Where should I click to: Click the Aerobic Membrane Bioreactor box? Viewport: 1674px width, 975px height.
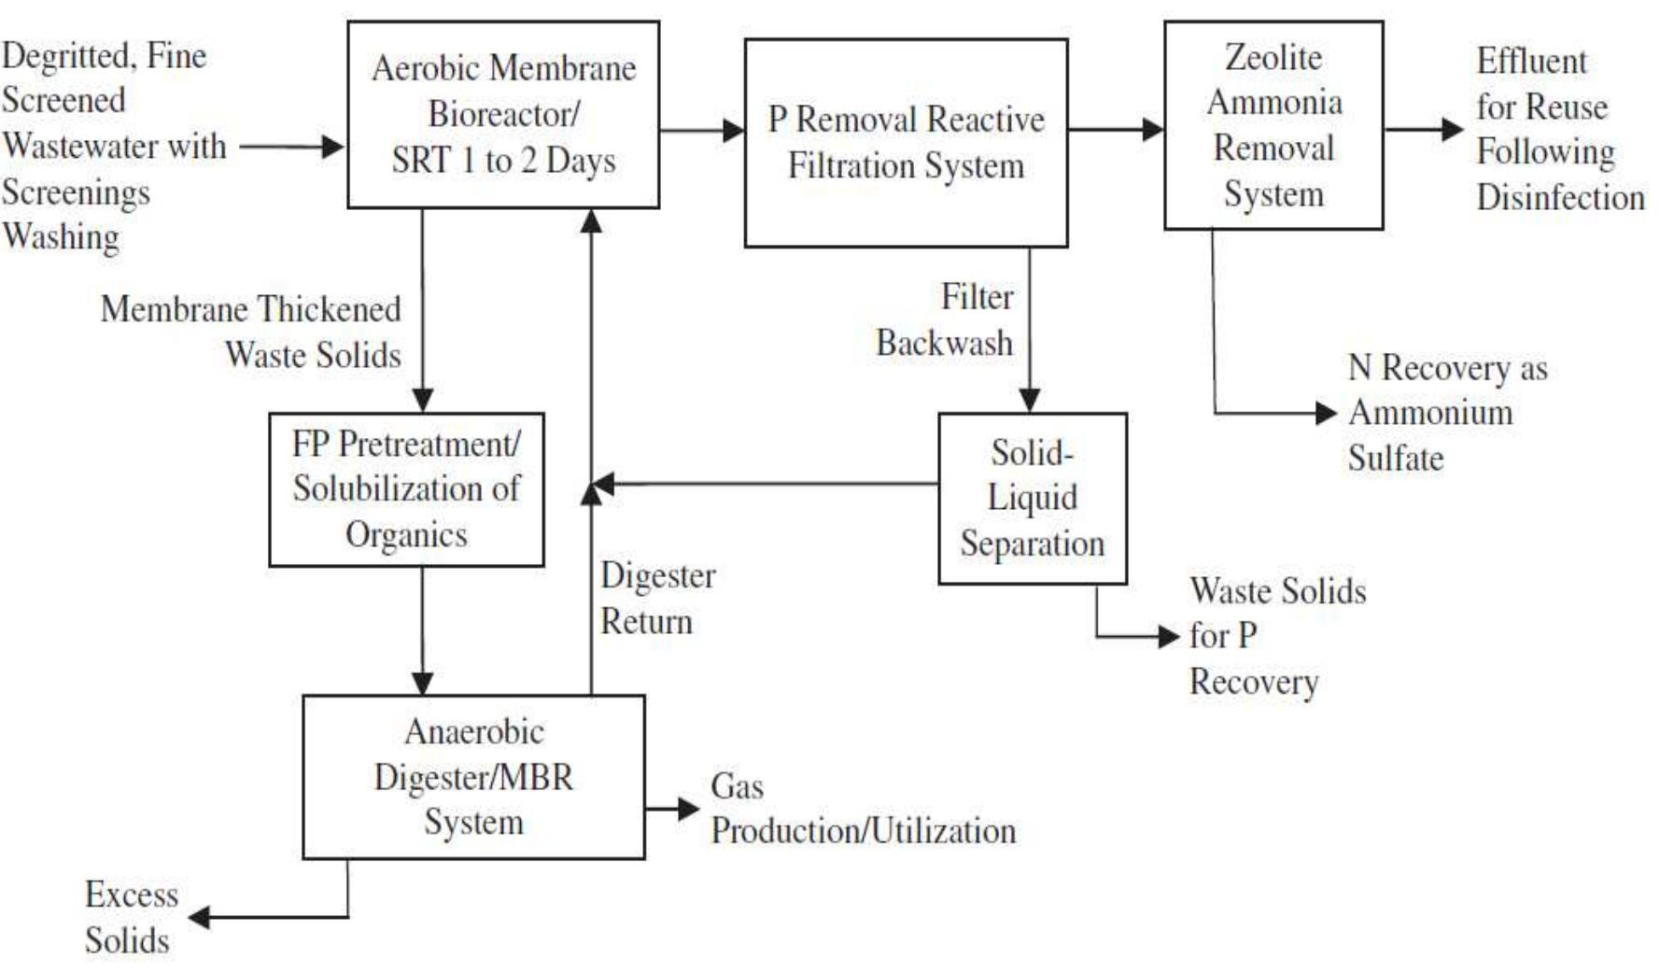click(503, 114)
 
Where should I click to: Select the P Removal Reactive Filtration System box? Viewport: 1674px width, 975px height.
click(905, 142)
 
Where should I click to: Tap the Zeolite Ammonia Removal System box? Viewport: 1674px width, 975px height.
click(1273, 125)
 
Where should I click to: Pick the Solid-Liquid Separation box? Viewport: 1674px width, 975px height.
click(1032, 498)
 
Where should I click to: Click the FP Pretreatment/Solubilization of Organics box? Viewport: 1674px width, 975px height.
click(406, 489)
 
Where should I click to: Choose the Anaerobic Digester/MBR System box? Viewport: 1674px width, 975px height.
click(473, 776)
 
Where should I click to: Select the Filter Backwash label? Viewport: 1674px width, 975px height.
click(945, 319)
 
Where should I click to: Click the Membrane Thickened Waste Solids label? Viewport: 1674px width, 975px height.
click(251, 332)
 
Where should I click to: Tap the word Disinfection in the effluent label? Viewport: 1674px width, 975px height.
click(1559, 198)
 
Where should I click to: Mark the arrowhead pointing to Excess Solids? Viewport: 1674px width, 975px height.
click(199, 917)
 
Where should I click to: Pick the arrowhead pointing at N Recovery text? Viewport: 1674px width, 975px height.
click(1327, 413)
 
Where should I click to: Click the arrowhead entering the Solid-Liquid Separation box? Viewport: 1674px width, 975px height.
click(1029, 401)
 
